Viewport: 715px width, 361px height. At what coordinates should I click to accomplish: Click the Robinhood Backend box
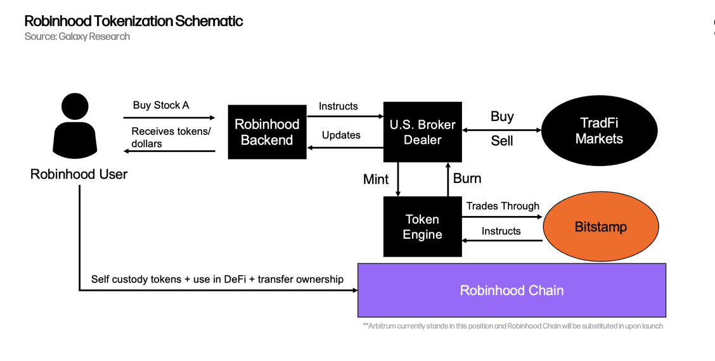(x=267, y=132)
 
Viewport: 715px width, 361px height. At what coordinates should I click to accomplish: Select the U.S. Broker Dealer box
(x=422, y=132)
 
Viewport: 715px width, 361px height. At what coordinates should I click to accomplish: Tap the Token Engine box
(x=422, y=227)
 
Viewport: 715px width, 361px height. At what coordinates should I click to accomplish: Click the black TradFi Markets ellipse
(x=599, y=130)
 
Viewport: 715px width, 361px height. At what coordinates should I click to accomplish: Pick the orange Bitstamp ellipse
(x=601, y=227)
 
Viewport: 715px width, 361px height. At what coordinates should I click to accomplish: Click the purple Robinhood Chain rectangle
(x=512, y=290)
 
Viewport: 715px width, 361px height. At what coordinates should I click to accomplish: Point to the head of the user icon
(x=75, y=106)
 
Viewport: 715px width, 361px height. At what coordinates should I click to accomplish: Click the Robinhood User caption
(x=79, y=174)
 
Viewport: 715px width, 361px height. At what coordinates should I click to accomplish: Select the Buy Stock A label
(x=161, y=105)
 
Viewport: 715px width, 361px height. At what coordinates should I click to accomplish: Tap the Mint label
(x=376, y=179)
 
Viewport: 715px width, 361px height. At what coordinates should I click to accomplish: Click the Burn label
(x=467, y=178)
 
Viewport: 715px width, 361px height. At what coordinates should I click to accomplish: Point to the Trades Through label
(x=503, y=206)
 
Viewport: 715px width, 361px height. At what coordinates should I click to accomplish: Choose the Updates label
(x=341, y=136)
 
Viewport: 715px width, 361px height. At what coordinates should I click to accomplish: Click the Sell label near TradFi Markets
(x=502, y=141)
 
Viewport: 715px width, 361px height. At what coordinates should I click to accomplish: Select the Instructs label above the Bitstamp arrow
(x=501, y=231)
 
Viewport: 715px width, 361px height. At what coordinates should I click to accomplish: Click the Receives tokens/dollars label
(x=171, y=137)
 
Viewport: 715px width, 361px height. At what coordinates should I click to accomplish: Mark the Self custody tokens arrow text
(x=217, y=279)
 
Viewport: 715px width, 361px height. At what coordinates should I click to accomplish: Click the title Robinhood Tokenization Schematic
(x=134, y=21)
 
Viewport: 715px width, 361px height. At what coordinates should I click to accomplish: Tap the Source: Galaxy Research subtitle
(x=77, y=37)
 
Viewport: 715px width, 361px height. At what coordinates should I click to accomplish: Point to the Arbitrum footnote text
(x=513, y=326)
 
